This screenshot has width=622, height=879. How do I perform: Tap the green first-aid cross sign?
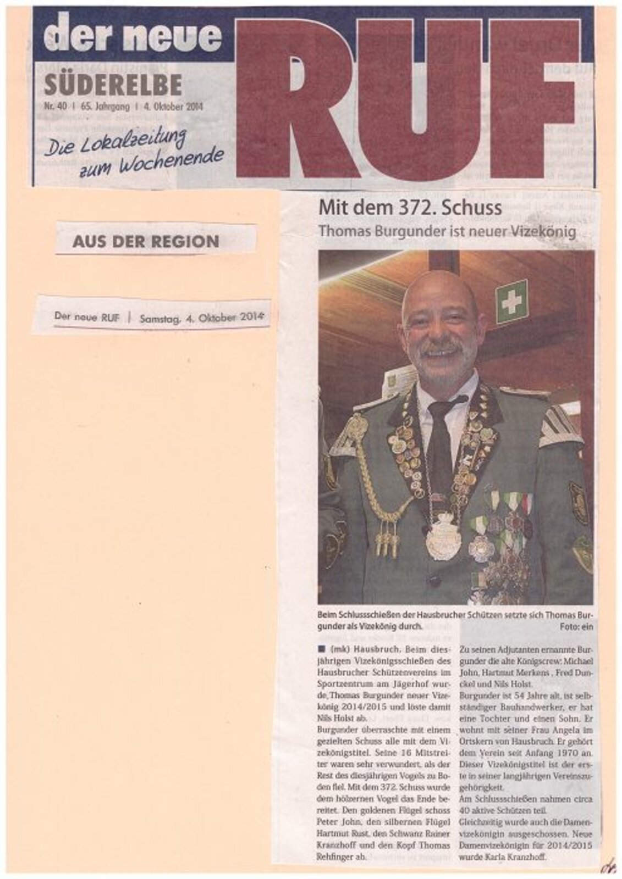[511, 302]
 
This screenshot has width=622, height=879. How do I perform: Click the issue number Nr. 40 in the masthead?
[55, 107]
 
